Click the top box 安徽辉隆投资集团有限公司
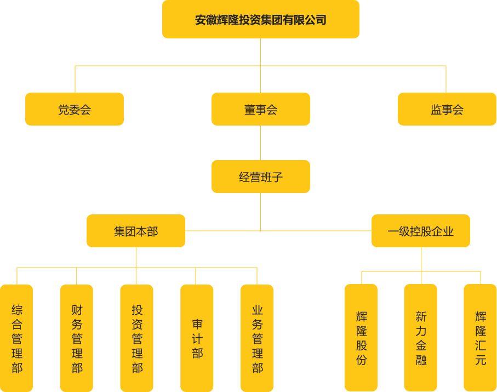pyautogui.click(x=260, y=20)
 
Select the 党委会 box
pyautogui.click(x=75, y=109)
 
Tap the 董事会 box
pyautogui.click(x=260, y=109)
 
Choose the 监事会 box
pyautogui.click(x=447, y=109)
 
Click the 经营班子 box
pyautogui.click(x=260, y=177)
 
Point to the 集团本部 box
pyautogui.click(x=136, y=231)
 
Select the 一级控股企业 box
pyautogui.click(x=420, y=231)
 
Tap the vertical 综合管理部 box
pyautogui.click(x=17, y=338)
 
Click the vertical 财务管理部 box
pyautogui.click(x=77, y=338)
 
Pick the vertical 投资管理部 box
pyautogui.click(x=137, y=338)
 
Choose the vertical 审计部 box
pyautogui.click(x=197, y=338)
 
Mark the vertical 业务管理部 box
pyautogui.click(x=257, y=338)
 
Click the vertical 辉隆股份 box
pyautogui.click(x=361, y=338)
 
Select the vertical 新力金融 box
pyautogui.click(x=420, y=338)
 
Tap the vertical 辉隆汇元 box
pyautogui.click(x=480, y=338)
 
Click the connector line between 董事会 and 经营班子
pyautogui.click(x=260, y=143)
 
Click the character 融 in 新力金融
pyautogui.click(x=421, y=360)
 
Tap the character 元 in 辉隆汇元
pyautogui.click(x=481, y=360)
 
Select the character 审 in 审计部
pyautogui.click(x=197, y=323)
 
